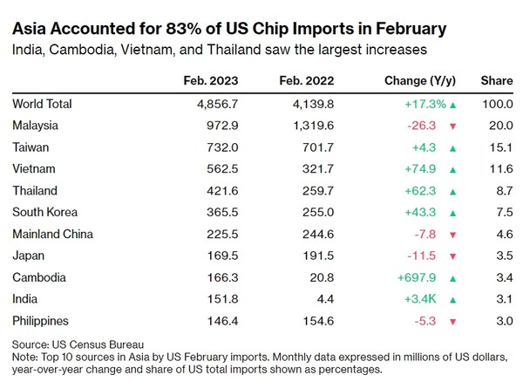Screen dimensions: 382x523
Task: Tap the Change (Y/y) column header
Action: point(419,81)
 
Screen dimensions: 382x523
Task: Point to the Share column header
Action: point(498,81)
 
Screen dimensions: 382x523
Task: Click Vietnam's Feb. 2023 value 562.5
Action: point(230,169)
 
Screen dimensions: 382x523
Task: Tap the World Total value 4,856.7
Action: point(225,104)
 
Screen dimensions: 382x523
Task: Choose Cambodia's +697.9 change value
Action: point(422,277)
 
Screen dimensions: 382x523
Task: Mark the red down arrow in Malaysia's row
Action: point(452,126)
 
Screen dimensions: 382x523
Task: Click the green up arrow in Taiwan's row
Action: point(452,147)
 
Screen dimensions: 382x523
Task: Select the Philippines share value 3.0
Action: point(504,320)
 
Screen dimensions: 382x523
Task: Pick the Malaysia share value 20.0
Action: point(501,126)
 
